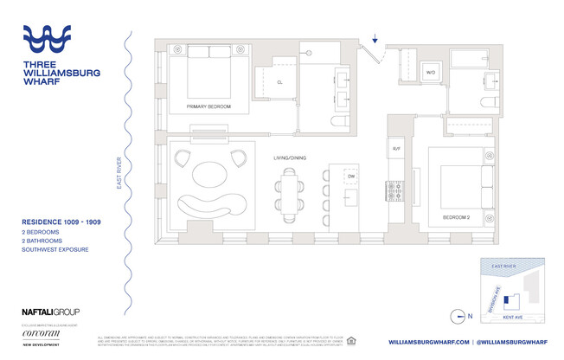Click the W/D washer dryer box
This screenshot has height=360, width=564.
pos(429,74)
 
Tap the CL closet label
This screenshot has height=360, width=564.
pos(281,83)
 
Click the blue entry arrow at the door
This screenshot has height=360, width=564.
pos(375,39)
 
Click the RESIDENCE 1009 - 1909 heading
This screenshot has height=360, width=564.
pos(65,222)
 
